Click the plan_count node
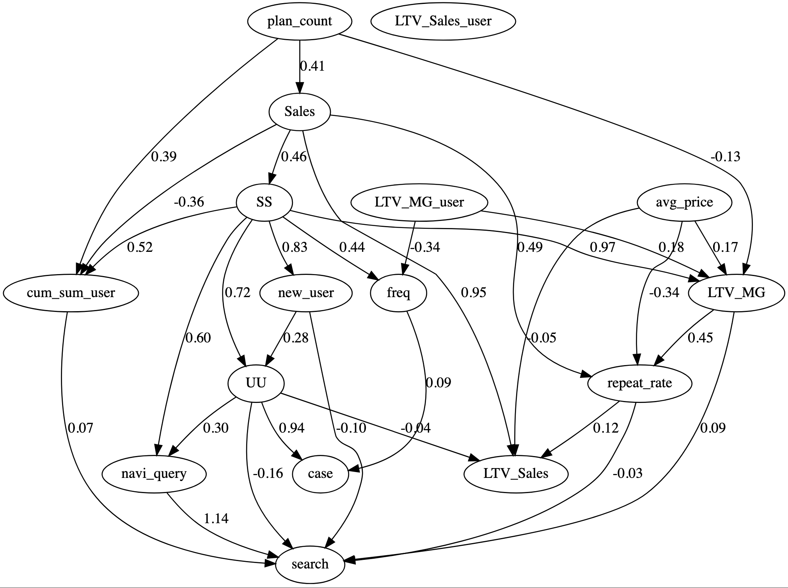coord(299,21)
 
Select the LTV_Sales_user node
coord(443,21)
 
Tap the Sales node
coord(299,112)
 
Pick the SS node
coord(264,202)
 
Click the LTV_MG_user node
coord(419,202)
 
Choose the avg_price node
coord(684,202)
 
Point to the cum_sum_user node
coord(71,293)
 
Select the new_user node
coord(305,293)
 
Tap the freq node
coord(398,293)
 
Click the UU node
coord(256,383)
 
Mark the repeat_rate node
coord(639,383)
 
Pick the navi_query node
coord(154,474)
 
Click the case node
coord(320,474)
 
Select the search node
coord(310,564)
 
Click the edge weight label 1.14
coord(216,519)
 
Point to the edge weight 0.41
coord(312,66)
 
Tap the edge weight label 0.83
coord(295,247)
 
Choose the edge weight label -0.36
coord(189,202)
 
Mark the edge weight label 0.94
coord(291,428)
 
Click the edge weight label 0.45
coord(700,338)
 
